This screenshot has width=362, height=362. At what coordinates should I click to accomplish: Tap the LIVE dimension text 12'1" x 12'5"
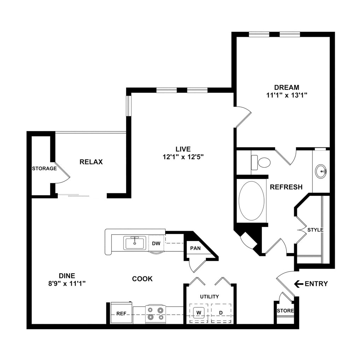183,157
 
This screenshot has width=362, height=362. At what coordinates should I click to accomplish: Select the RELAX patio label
91,162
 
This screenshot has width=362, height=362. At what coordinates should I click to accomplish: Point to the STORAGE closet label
44,168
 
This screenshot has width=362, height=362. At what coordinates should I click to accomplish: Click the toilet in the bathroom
262,162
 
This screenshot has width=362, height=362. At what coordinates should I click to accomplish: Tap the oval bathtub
251,201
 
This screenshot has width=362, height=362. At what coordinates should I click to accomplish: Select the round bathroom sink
321,171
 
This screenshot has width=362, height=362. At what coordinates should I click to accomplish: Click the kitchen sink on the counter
134,243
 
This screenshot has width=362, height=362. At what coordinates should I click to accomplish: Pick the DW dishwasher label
156,243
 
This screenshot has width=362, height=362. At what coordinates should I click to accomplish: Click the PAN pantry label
195,248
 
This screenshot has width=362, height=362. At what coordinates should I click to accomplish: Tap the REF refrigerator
121,313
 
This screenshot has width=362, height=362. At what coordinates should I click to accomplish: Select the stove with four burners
156,314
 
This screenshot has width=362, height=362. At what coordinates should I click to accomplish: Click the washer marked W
199,313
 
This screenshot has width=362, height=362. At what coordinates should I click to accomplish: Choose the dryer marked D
221,313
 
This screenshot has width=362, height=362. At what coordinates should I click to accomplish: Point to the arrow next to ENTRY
299,284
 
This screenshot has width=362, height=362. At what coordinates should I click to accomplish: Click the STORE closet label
285,311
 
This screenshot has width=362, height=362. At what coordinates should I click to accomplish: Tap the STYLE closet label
315,230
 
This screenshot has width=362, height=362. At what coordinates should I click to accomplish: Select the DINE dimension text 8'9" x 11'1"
68,283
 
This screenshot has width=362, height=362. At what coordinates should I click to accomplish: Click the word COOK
142,279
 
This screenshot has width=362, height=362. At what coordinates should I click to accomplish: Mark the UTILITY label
209,297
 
